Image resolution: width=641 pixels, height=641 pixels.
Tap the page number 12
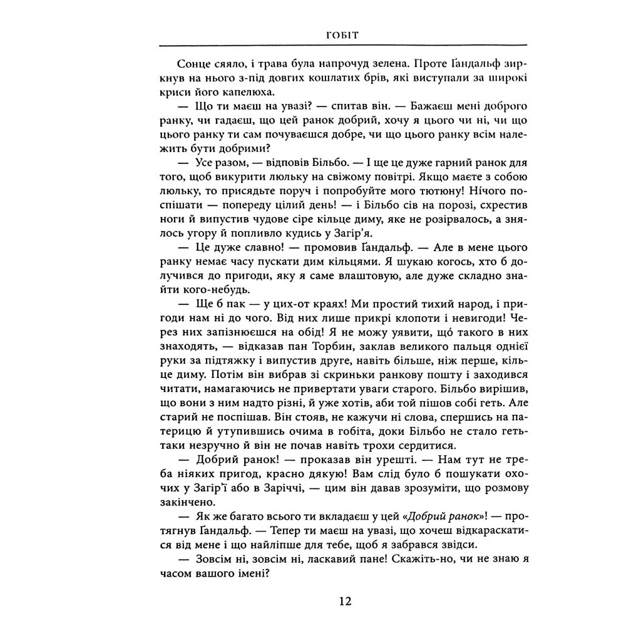[345, 602]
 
